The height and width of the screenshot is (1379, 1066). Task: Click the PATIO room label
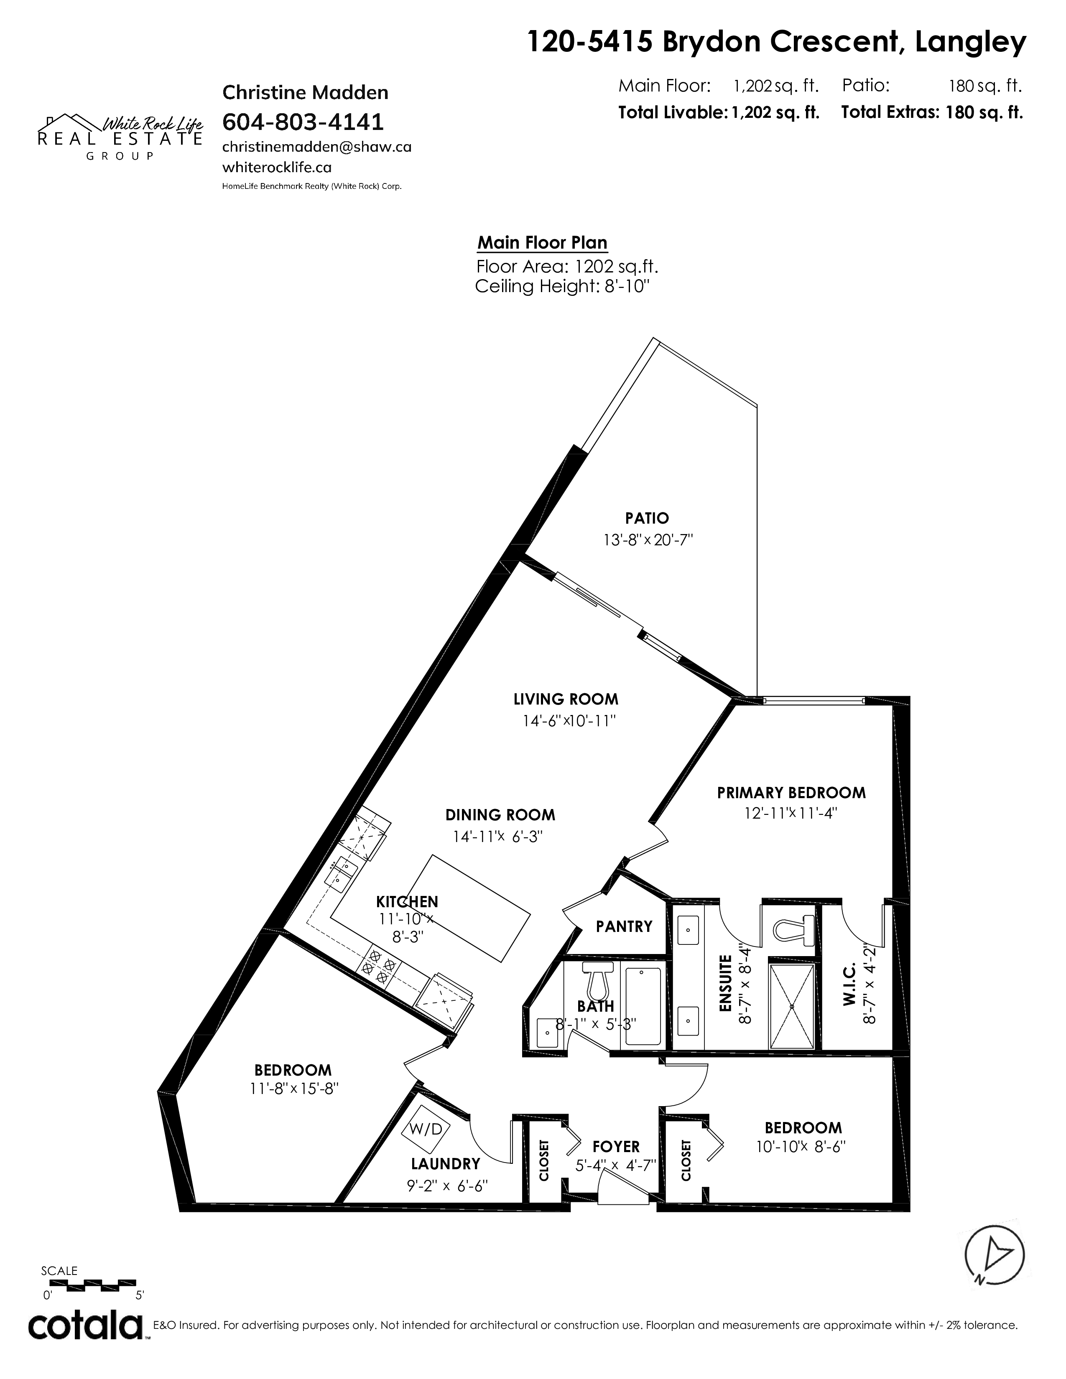tap(647, 519)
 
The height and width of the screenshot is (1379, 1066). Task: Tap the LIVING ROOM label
tap(566, 699)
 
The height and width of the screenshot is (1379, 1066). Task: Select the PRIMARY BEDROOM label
tap(791, 792)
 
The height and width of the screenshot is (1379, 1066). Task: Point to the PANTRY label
tap(624, 926)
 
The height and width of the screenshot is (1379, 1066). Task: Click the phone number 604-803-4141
tap(303, 121)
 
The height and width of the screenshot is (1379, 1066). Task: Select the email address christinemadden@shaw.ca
tap(317, 147)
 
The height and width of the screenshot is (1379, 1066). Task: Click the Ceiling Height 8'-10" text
tap(562, 287)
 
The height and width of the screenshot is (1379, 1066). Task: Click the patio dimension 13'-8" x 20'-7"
tap(648, 540)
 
